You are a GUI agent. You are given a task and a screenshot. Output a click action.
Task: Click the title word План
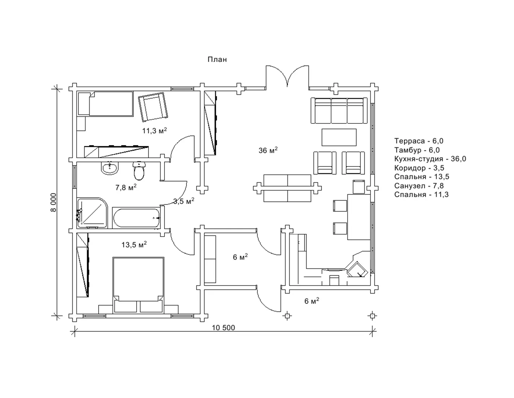tap(217, 59)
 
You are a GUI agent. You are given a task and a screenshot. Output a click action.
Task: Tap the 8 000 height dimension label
tap(54, 202)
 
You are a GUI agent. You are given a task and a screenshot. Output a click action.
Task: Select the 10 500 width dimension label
tap(223, 328)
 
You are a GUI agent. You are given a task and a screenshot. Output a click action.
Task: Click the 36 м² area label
tap(268, 150)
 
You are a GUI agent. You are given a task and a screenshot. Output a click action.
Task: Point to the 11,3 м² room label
tap(154, 130)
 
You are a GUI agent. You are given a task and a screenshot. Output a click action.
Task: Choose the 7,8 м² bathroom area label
tap(126, 187)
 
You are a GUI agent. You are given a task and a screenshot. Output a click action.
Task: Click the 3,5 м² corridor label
tap(184, 201)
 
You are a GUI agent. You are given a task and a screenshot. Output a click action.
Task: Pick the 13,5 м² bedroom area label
tap(134, 244)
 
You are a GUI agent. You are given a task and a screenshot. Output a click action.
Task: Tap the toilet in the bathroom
tap(139, 171)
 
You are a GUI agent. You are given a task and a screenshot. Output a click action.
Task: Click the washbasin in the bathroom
tap(110, 168)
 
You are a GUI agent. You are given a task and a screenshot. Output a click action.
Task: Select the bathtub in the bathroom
tap(136, 218)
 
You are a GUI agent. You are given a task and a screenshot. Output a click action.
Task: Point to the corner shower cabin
tap(92, 213)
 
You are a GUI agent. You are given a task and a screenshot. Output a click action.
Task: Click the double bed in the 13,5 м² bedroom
tap(138, 285)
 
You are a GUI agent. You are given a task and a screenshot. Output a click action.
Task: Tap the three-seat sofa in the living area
tap(339, 111)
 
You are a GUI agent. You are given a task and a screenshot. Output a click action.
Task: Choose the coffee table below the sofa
tap(339, 137)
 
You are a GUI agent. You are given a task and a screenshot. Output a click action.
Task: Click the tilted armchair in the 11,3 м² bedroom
tap(153, 107)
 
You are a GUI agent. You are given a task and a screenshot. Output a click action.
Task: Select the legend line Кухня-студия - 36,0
tap(430, 158)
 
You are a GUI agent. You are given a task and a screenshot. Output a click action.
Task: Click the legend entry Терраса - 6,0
tap(419, 141)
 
